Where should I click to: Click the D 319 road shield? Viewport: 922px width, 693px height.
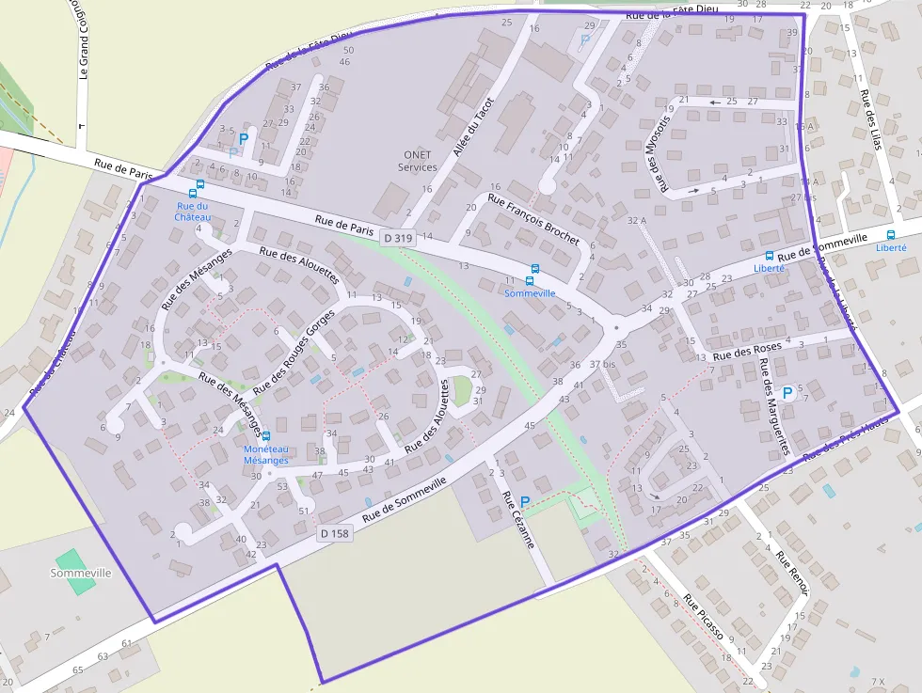coord(398,239)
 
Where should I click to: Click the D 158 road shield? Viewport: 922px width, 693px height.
coord(333,533)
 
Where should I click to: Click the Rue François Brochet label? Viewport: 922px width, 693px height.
coord(533,220)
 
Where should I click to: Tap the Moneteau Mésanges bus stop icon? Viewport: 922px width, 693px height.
coord(266,436)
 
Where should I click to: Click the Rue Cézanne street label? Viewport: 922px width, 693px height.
coord(517,521)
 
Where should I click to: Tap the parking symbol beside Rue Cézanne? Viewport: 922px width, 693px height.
coord(525,502)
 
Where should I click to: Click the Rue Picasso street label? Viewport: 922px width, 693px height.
coord(704,617)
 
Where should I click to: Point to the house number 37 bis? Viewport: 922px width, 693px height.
coord(602,364)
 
